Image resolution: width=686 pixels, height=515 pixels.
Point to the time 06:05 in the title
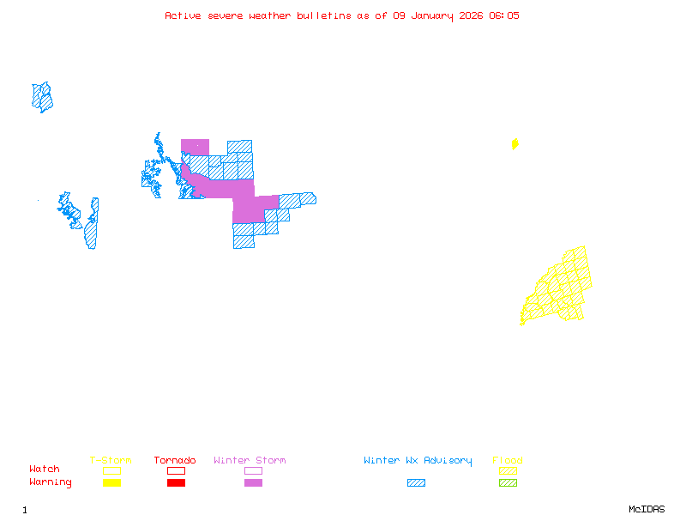[503, 15]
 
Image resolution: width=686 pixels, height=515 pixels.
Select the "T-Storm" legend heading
[111, 461]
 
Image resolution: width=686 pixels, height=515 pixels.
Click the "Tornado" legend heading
[175, 461]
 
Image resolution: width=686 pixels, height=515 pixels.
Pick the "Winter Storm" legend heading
[250, 461]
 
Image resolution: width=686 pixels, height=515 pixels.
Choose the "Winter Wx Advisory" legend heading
[418, 461]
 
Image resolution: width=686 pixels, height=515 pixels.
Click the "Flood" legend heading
[508, 461]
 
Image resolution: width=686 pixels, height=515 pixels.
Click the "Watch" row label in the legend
[45, 470]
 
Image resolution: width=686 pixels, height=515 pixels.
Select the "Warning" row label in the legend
[51, 482]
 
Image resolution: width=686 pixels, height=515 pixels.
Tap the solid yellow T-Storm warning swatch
[111, 483]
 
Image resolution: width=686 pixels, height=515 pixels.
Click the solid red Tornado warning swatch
[176, 483]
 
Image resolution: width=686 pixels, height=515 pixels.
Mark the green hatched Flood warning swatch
[508, 483]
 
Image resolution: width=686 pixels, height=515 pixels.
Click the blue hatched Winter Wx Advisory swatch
[416, 483]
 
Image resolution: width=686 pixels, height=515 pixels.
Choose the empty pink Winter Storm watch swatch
[253, 470]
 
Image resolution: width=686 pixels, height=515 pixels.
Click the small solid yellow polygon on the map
[514, 144]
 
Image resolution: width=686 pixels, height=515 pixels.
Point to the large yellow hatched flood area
[562, 288]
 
